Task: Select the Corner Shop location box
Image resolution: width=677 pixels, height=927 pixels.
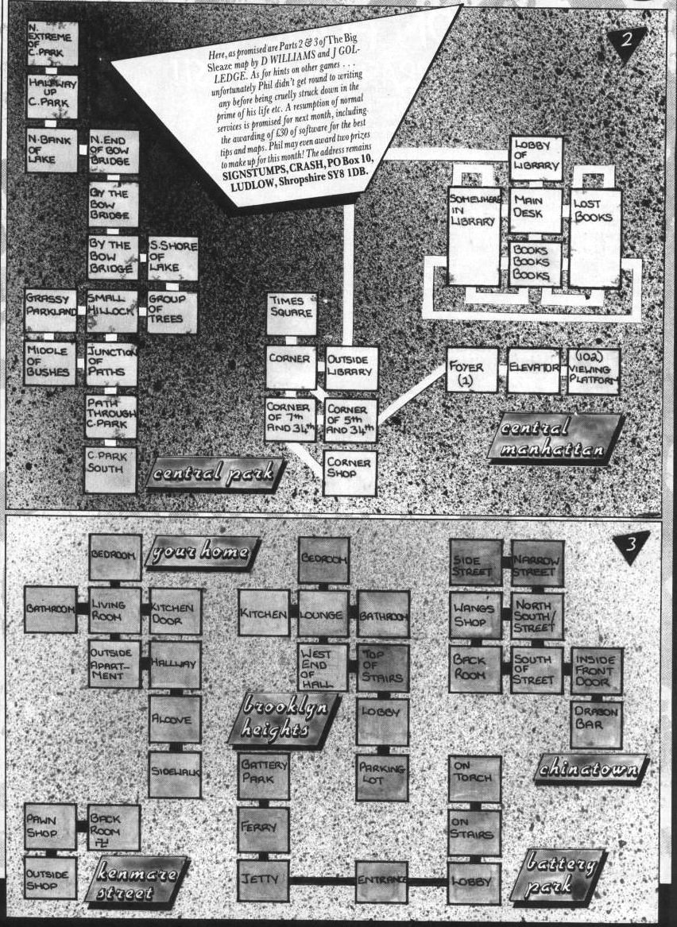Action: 350,472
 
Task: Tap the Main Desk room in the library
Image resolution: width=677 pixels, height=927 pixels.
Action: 536,210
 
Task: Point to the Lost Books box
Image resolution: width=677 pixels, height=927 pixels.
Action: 594,236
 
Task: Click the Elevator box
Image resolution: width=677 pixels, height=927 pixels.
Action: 533,369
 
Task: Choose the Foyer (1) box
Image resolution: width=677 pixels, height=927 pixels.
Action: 472,369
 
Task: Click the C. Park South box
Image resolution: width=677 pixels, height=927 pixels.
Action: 110,469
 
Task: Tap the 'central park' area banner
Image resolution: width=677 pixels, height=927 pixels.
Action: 215,475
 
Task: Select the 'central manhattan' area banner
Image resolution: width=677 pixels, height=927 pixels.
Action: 555,438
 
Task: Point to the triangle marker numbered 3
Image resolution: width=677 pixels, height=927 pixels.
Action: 630,546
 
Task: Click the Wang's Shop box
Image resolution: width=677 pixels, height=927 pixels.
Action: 475,616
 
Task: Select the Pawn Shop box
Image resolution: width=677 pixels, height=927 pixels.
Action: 50,826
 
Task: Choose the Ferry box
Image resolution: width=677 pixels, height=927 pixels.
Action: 263,829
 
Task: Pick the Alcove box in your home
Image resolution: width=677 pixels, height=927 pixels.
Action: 175,719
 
